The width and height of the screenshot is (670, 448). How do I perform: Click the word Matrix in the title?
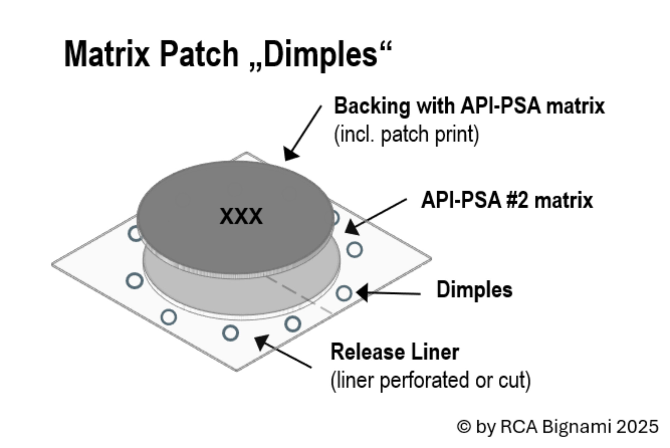pyautogui.click(x=107, y=54)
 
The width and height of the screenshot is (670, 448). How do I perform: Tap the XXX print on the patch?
pyautogui.click(x=241, y=216)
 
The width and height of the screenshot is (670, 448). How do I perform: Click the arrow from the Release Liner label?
pyautogui.click(x=283, y=351)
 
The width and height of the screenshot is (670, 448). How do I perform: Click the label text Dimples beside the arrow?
pyautogui.click(x=474, y=289)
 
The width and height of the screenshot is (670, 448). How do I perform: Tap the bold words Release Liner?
pyautogui.click(x=395, y=352)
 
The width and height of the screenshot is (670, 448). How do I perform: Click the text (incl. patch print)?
pyautogui.click(x=407, y=134)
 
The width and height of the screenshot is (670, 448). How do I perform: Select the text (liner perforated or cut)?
pyautogui.click(x=431, y=380)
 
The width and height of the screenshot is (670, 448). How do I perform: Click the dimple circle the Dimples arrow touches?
pyautogui.click(x=344, y=293)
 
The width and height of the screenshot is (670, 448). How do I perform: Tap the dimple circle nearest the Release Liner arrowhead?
pyautogui.click(x=230, y=333)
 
